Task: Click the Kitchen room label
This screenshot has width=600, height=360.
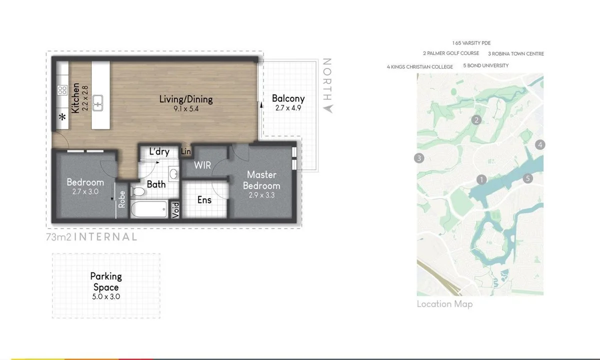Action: click(x=75, y=98)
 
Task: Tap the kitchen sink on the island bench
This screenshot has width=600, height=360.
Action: click(x=98, y=103)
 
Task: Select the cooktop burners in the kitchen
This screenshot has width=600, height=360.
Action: click(x=62, y=90)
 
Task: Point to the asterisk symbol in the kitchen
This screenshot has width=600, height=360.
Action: click(x=62, y=117)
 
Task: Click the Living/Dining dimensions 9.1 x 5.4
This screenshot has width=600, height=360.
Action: click(x=186, y=108)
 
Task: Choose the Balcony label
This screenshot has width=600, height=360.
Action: click(x=288, y=98)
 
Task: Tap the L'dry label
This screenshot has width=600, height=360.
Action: click(x=159, y=151)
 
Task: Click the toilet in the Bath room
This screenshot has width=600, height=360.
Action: click(x=138, y=191)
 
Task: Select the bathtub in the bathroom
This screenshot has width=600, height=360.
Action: click(x=149, y=209)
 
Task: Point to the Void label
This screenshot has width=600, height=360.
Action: click(x=175, y=210)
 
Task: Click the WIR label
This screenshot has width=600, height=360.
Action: click(x=202, y=165)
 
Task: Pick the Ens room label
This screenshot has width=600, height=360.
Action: click(x=204, y=200)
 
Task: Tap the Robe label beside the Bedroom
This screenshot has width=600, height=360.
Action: click(x=122, y=199)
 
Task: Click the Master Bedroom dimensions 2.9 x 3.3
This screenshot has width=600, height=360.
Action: click(x=261, y=195)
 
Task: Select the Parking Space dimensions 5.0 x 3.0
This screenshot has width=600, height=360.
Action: click(x=106, y=296)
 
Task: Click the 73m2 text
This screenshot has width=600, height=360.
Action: click(x=58, y=237)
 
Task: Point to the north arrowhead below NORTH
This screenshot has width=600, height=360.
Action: click(x=328, y=108)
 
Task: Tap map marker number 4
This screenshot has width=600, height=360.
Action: click(x=540, y=145)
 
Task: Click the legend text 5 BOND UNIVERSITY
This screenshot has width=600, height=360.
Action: click(x=486, y=65)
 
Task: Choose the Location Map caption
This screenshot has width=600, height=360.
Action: click(x=445, y=304)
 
